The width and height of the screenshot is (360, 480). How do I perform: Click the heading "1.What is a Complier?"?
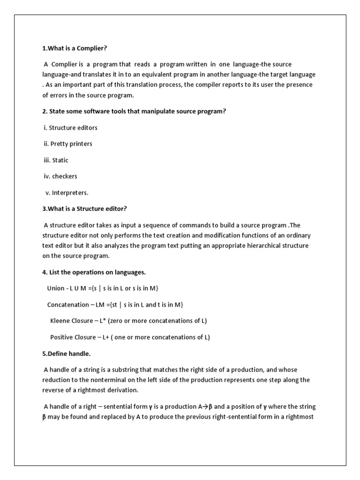pos(77,48)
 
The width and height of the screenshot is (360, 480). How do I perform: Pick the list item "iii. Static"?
pos(56,160)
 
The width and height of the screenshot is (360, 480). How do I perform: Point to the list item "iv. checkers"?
pos(60,176)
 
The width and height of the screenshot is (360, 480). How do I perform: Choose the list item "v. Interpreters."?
pos(67,193)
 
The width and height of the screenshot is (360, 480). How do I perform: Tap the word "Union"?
pos(56,288)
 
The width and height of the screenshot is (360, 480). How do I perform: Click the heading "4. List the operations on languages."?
pos(100,272)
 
